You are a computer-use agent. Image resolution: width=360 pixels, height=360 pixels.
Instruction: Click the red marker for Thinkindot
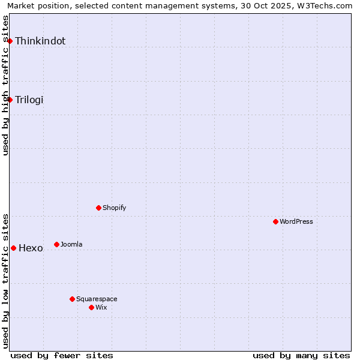[x=10, y=41]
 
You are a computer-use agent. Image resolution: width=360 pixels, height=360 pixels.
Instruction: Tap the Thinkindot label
[x=40, y=41]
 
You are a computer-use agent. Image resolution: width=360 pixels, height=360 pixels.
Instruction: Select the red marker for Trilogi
[x=10, y=100]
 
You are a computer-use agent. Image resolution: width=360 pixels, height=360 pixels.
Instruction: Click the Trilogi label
[x=29, y=100]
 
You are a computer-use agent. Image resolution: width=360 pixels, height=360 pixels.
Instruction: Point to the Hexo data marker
[x=13, y=248]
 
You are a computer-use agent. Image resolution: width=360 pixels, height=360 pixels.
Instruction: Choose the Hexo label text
[x=31, y=248]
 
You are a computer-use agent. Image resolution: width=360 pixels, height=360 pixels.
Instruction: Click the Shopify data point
[x=98, y=208]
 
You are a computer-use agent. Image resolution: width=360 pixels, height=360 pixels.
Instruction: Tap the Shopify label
[x=114, y=208]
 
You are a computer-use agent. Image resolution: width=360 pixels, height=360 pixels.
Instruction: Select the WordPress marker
[x=275, y=221]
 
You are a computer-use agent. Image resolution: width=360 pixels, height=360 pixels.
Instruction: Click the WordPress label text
[x=296, y=222]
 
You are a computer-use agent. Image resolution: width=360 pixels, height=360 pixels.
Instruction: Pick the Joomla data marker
[x=56, y=244]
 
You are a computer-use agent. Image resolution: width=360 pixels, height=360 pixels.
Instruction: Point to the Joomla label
[x=71, y=245]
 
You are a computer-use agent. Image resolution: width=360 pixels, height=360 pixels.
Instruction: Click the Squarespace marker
[x=72, y=299]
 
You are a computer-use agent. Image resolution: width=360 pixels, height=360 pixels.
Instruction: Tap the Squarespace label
[x=97, y=299]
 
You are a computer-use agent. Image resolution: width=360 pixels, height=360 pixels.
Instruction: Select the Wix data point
[x=91, y=307]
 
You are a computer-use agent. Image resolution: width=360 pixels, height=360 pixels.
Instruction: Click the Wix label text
[x=101, y=308]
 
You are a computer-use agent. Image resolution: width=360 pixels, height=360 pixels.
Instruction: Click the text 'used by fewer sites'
[x=62, y=355]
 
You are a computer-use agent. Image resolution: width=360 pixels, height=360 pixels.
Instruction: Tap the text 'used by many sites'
[x=301, y=355]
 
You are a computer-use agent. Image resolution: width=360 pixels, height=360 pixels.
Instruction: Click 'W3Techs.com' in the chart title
[x=326, y=5]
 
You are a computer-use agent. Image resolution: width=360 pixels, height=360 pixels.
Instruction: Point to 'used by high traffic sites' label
[x=5, y=85]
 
